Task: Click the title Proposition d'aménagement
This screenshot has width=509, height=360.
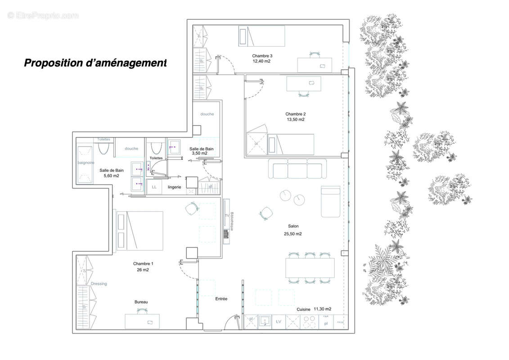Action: (x=95, y=63)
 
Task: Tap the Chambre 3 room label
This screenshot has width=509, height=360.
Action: (x=262, y=56)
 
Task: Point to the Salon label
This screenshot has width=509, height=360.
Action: (x=293, y=226)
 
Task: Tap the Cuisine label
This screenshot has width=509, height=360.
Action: (x=304, y=310)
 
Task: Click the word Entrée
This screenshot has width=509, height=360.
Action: (x=221, y=299)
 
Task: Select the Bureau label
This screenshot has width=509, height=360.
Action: (x=141, y=302)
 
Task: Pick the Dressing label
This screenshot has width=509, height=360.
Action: (x=99, y=283)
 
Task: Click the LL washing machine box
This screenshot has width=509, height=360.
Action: (x=154, y=187)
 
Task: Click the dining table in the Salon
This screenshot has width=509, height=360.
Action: (x=310, y=267)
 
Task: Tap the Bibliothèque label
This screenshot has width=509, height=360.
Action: (x=232, y=221)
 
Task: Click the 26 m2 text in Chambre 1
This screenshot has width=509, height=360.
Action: (x=143, y=270)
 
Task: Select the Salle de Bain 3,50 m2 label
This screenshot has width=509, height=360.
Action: (x=201, y=151)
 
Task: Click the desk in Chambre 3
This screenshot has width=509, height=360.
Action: (x=315, y=64)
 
